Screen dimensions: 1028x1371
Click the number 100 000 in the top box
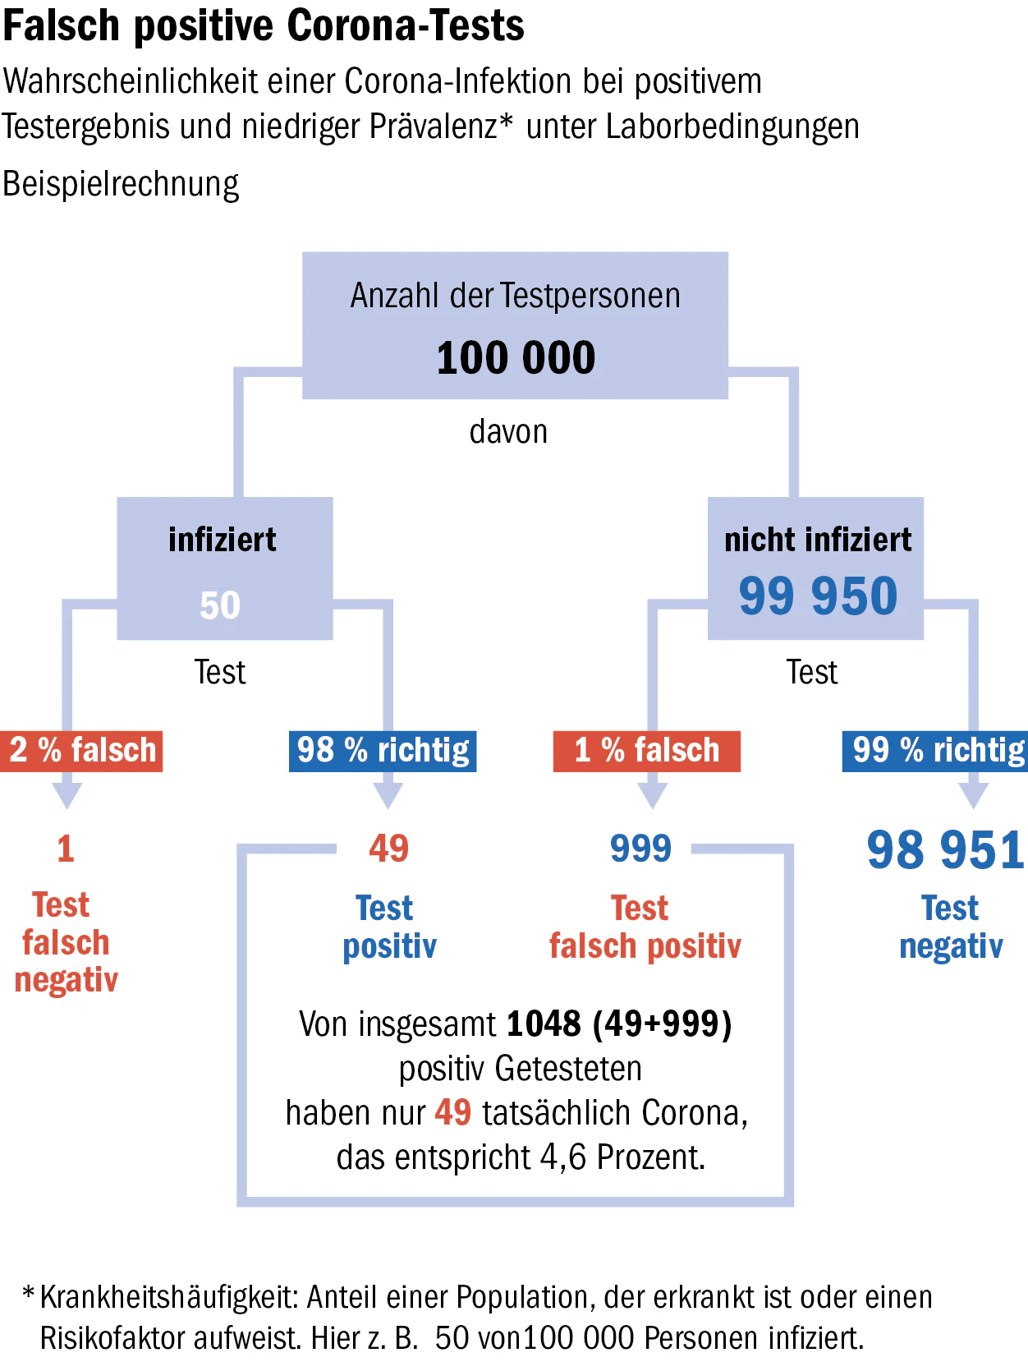tap(516, 357)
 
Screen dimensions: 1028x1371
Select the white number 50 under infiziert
tap(220, 605)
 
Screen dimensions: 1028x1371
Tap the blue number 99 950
tap(818, 596)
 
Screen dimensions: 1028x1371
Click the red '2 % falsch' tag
tap(81, 751)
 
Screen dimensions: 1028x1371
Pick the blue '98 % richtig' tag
tap(383, 751)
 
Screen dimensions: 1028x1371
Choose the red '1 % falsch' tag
tap(647, 751)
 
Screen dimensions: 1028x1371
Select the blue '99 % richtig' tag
tap(935, 751)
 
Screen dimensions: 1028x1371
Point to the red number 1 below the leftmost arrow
tap(66, 849)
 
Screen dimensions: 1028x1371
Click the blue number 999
tap(640, 849)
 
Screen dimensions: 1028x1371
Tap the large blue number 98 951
tap(945, 850)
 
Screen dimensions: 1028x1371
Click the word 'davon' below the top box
tap(508, 431)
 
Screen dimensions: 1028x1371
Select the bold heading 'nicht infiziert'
tap(818, 540)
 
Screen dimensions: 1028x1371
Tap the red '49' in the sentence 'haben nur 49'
tap(452, 1112)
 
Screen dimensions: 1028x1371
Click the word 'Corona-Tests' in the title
tap(406, 26)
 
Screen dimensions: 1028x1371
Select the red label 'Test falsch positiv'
tap(645, 927)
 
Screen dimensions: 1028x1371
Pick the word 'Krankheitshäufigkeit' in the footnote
tap(170, 1297)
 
